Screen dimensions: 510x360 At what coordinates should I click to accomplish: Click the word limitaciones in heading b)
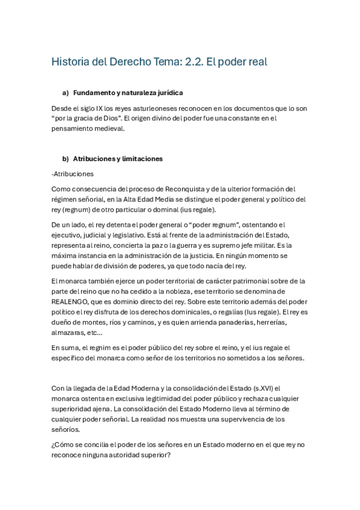pos(141,159)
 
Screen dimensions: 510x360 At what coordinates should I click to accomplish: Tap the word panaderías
pos(215,322)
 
